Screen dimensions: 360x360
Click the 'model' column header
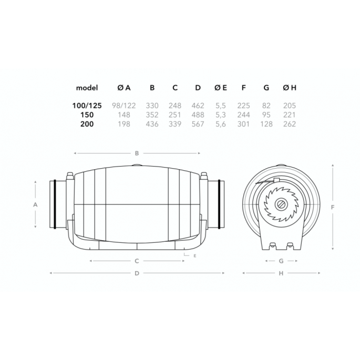click(87, 88)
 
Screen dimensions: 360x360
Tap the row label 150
click(90, 115)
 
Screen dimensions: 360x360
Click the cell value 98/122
click(124, 106)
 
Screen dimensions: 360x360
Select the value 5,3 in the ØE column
click(220, 115)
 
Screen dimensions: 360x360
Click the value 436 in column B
click(151, 125)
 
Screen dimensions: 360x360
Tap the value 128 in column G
click(266, 125)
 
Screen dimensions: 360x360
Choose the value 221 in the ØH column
click(289, 115)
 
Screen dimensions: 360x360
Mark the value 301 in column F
click(243, 125)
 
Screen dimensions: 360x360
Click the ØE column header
click(220, 88)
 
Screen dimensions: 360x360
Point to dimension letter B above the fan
click(137, 153)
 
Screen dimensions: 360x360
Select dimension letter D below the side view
click(137, 273)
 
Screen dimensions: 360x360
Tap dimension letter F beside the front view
click(333, 207)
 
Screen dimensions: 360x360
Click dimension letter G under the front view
click(281, 261)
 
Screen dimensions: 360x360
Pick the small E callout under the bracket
click(194, 256)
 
